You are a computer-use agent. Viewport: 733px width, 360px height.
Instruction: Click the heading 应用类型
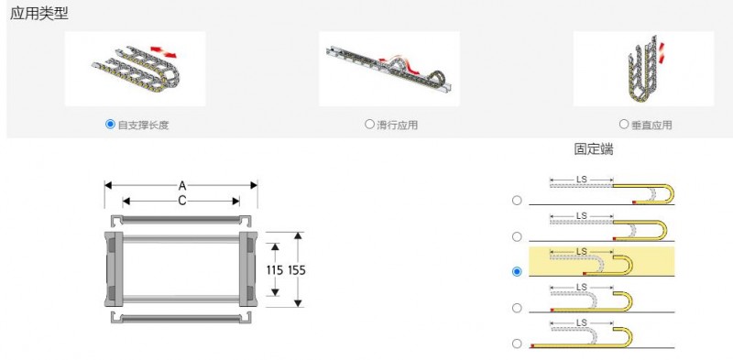(39, 14)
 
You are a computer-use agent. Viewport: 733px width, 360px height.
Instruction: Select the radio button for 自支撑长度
(110, 125)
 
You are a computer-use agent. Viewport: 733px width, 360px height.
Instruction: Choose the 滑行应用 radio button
(369, 125)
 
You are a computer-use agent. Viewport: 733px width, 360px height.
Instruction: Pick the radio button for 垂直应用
(624, 125)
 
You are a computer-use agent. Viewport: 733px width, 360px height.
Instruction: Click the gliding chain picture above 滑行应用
(388, 69)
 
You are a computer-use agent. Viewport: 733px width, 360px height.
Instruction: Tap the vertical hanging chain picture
(643, 69)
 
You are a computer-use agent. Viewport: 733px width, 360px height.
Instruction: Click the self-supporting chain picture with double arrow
(135, 69)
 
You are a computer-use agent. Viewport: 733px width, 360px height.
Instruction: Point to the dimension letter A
(181, 186)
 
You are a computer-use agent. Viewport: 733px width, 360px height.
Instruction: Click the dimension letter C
(181, 201)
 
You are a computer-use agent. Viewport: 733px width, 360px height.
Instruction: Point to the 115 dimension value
(275, 270)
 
